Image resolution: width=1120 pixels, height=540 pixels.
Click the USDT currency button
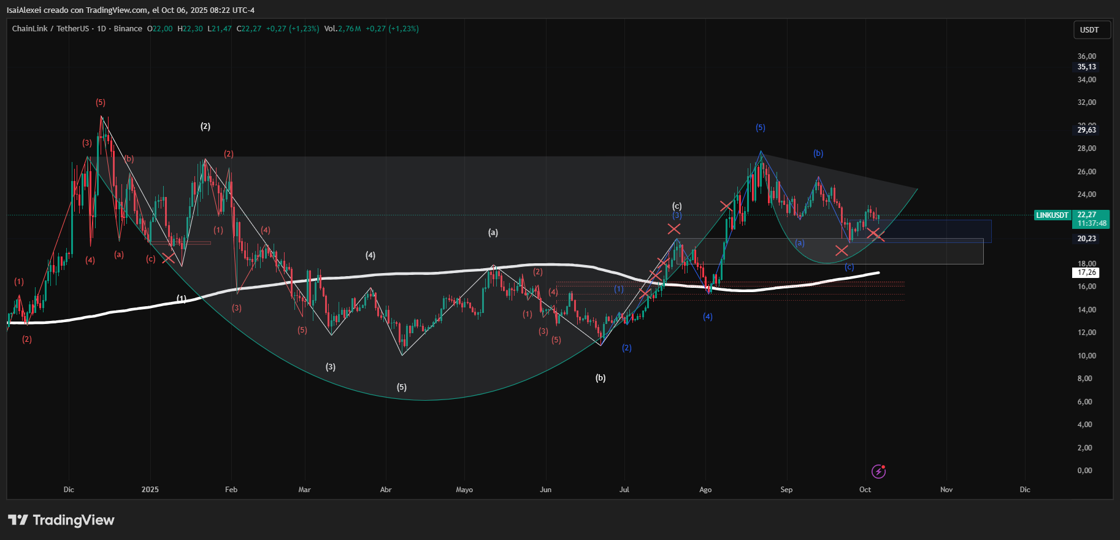1089,30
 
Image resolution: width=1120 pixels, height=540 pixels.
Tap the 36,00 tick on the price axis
1086,56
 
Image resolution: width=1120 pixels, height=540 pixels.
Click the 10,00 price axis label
1086,356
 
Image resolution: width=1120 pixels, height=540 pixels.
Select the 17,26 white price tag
1086,272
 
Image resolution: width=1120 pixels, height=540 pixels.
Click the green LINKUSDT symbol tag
1052,215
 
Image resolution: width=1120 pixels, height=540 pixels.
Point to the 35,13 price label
1086,67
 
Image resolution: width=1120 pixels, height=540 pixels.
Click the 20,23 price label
1086,239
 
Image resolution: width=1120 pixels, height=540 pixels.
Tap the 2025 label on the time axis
150,490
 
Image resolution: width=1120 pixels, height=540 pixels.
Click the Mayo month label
464,490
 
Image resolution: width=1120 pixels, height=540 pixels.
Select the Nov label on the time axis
946,490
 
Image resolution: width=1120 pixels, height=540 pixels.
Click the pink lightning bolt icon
878,471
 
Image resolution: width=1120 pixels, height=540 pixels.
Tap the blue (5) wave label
761,128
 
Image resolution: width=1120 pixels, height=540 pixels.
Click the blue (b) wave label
818,153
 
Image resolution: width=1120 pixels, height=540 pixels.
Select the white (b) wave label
600,378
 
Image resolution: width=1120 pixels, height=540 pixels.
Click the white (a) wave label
493,233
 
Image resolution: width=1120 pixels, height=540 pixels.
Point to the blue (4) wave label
708,317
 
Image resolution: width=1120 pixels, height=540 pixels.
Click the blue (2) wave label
626,348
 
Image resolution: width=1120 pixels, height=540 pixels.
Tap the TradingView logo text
73,520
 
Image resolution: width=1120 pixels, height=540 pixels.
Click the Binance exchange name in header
128,29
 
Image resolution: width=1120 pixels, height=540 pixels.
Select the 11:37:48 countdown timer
1092,223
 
